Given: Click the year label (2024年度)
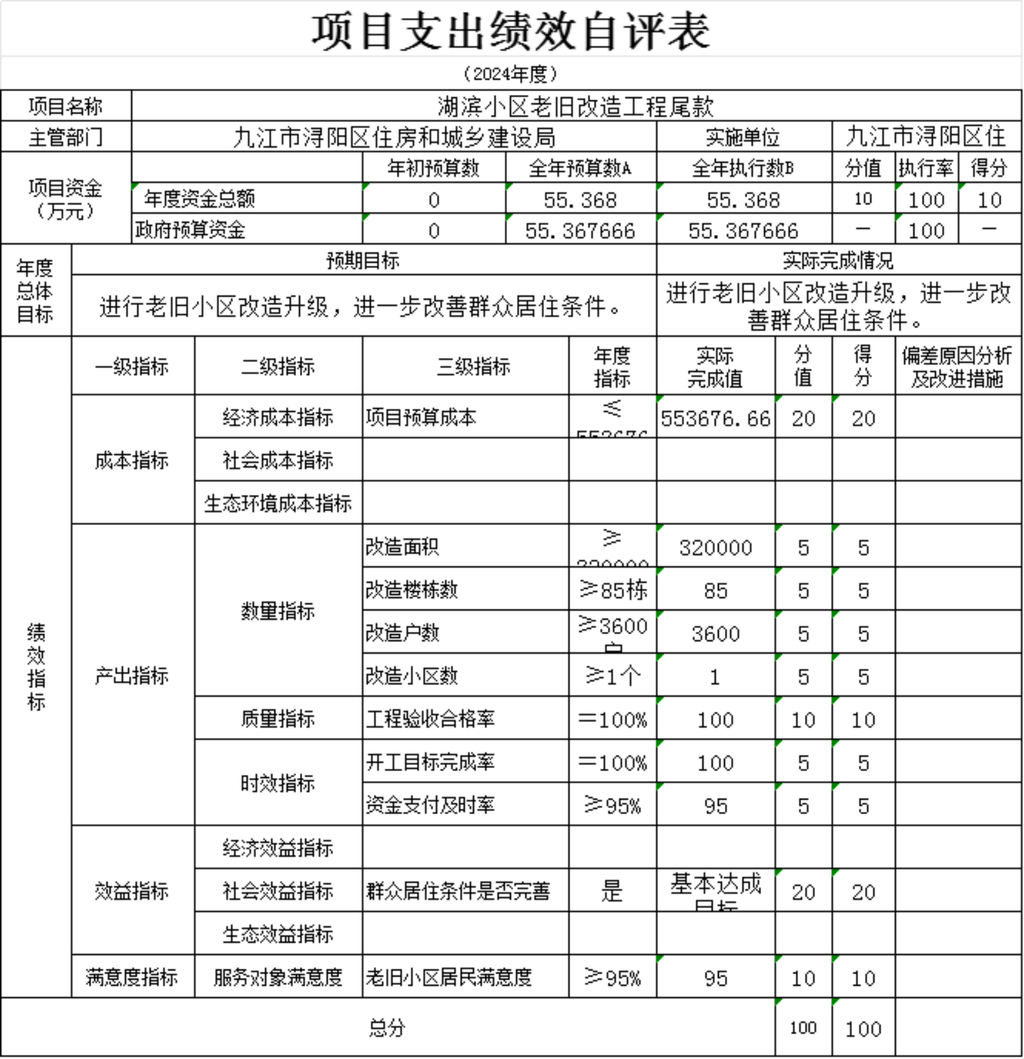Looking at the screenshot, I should [x=511, y=74].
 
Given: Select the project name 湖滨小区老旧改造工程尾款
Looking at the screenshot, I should [x=576, y=107].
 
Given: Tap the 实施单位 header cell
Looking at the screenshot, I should [x=743, y=137].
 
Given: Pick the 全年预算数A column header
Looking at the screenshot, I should [x=580, y=168].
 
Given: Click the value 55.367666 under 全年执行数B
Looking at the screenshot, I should [x=743, y=231].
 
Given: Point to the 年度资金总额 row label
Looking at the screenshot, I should [x=199, y=198].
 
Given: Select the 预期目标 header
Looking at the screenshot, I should [x=363, y=261].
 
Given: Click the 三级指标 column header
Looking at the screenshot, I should [x=473, y=367].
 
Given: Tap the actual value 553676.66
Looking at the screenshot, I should [x=716, y=419].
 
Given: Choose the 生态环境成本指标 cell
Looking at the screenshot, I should [x=278, y=503].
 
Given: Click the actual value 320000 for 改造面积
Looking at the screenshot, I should [x=716, y=547].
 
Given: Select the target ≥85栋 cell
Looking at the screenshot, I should [x=613, y=590].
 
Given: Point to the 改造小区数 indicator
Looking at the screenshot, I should [x=411, y=676].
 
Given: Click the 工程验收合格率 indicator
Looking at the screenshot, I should [x=430, y=719].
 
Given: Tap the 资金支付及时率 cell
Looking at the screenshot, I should [x=430, y=805].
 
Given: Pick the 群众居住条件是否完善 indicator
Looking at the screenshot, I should [x=457, y=891].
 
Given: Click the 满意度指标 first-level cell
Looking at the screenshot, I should [x=132, y=977].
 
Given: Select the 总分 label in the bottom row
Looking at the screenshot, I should [x=387, y=1028].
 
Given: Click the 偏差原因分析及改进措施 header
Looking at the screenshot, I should [x=957, y=367].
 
